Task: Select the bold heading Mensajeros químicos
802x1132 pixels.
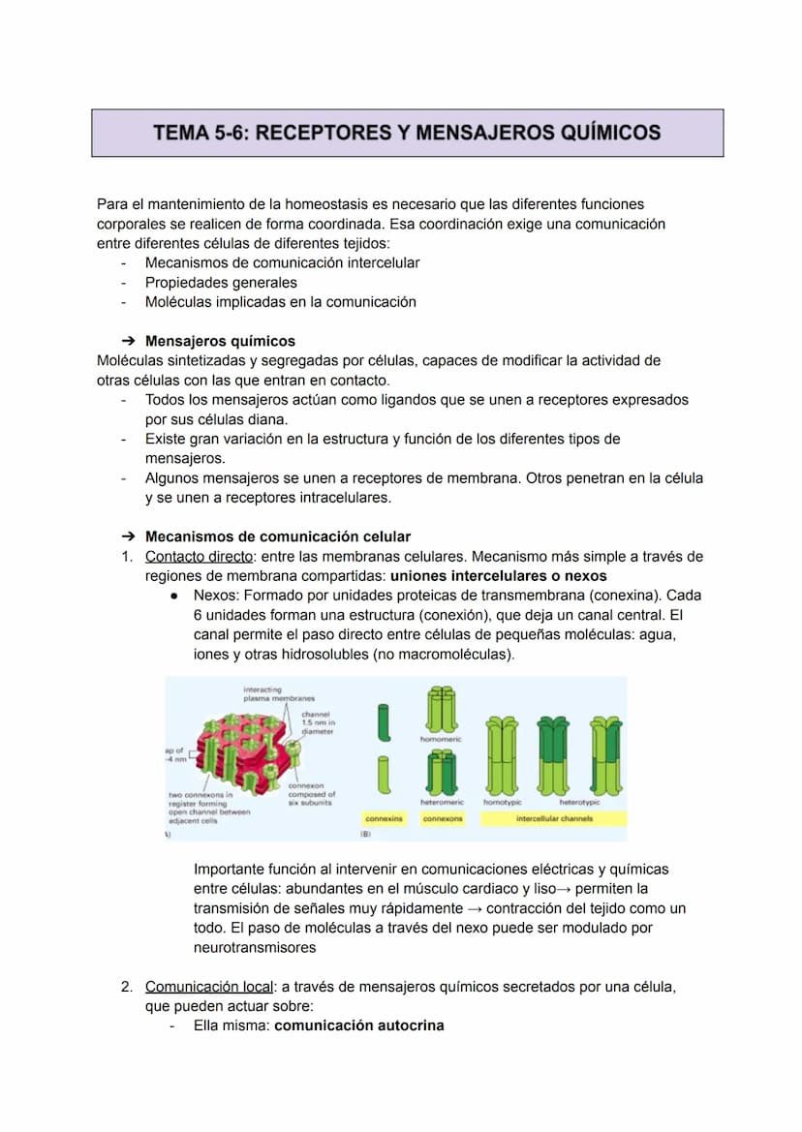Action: click(x=220, y=341)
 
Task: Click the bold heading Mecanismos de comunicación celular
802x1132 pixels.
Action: click(x=277, y=536)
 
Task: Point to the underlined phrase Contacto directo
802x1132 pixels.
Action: click(x=199, y=556)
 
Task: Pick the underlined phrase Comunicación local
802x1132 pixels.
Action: click(x=207, y=987)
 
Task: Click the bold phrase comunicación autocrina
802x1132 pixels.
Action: click(x=359, y=1025)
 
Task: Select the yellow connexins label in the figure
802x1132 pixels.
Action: click(x=384, y=819)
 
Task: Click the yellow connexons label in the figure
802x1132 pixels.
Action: click(x=443, y=819)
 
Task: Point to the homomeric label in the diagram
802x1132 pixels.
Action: click(x=441, y=739)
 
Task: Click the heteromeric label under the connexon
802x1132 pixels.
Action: click(x=442, y=803)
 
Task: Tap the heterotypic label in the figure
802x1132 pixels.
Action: click(x=579, y=803)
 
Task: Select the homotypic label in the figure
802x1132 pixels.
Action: click(x=503, y=803)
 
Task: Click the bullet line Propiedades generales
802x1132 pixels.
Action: click(x=221, y=283)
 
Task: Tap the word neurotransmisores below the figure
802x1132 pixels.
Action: click(x=255, y=948)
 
